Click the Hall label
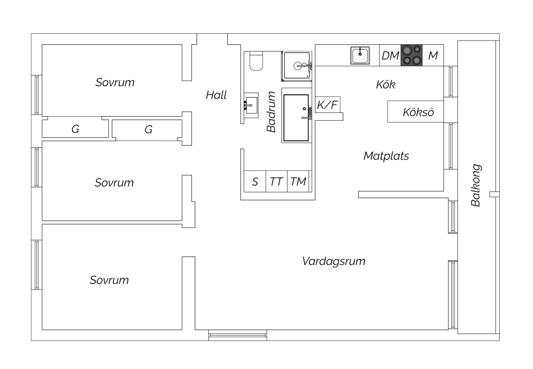coord(216,95)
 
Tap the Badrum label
coord(271,112)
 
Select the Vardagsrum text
coord(334,261)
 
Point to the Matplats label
coord(386,156)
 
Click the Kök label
coord(386,84)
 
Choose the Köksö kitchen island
coord(415,112)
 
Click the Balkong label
coord(476,185)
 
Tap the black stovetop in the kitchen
coord(412,55)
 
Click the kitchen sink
coord(360,55)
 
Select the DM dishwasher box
coord(390,55)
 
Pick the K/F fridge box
coord(328,105)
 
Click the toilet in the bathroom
coord(256,61)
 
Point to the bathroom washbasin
coord(251,105)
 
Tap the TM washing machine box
coord(298,181)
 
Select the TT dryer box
coord(277,181)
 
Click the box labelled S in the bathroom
coord(255,181)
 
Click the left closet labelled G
coord(75,128)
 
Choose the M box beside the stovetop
coord(433,55)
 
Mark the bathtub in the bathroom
coord(296,118)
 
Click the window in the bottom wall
coord(238,335)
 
